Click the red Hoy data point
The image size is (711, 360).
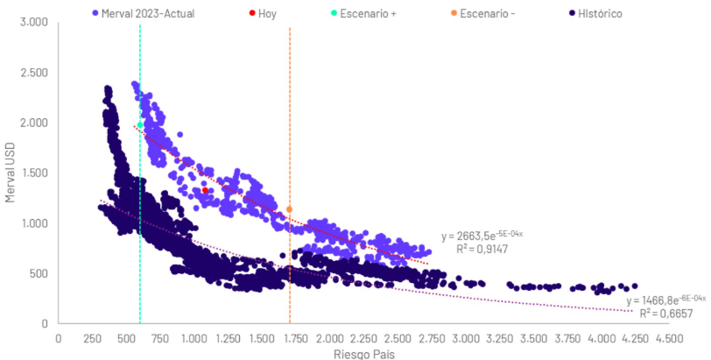(205, 190)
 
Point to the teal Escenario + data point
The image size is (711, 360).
(140, 125)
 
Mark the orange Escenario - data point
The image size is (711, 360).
(290, 209)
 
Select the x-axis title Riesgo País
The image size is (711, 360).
(362, 354)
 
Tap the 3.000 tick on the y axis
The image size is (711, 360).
(33, 21)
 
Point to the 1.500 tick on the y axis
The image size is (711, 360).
(33, 173)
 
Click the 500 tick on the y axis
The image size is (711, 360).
(39, 273)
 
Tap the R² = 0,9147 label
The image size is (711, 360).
(482, 250)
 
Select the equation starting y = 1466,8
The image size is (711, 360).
(664, 300)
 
